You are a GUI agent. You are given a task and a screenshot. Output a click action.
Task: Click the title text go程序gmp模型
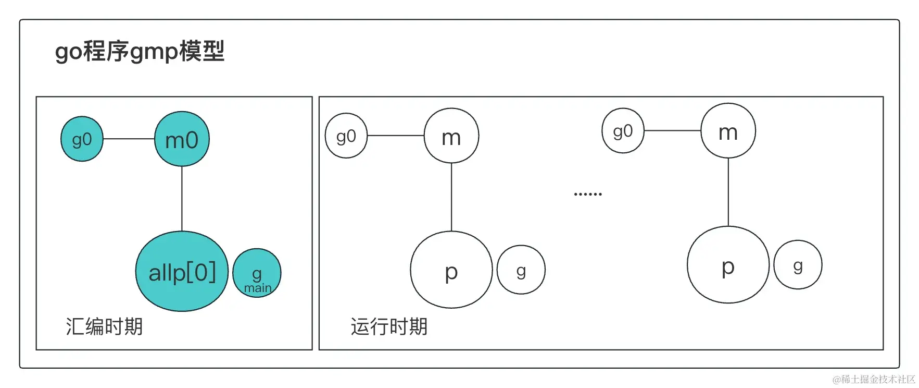[x=140, y=51]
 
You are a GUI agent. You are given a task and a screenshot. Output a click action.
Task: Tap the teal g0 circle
[x=82, y=139]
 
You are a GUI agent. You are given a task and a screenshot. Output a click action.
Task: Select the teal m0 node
[x=182, y=139]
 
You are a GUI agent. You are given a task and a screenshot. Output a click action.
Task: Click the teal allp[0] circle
[x=182, y=271]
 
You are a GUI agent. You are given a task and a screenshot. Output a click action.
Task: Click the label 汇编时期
[x=104, y=326]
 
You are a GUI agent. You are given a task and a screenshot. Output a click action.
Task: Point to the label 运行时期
[x=389, y=326]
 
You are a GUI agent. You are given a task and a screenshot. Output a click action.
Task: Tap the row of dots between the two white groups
[x=587, y=194]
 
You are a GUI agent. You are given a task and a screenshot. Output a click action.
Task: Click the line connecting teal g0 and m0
[x=129, y=139]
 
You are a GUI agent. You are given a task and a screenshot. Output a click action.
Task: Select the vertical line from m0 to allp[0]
[x=182, y=198]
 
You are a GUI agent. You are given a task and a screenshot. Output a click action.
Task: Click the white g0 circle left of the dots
[x=346, y=136]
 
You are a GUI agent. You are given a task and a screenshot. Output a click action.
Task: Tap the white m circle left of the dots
[x=451, y=136]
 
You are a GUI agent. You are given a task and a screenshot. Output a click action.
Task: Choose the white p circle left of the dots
[x=451, y=270]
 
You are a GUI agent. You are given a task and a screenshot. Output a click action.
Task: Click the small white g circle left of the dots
[x=521, y=270]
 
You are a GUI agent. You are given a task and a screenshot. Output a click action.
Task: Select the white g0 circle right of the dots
[x=623, y=130]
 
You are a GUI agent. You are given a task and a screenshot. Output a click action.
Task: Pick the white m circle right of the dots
[x=728, y=130]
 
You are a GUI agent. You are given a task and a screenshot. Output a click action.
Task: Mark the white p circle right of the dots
[x=728, y=265]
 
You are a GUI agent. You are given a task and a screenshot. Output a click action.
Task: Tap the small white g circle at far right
[x=798, y=265]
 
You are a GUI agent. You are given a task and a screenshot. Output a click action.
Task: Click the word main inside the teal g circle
[x=258, y=288]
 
